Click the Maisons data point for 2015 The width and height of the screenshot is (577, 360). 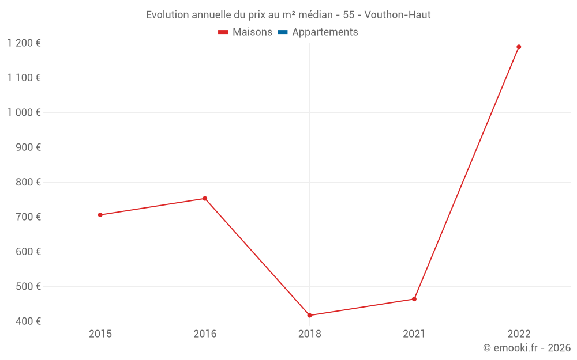click(100, 215)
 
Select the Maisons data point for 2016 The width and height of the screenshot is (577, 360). click(205, 199)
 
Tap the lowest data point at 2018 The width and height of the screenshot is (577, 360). click(310, 315)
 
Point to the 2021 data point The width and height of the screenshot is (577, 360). click(414, 299)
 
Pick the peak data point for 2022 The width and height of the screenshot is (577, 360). click(519, 47)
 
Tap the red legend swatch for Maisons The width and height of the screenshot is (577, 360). click(223, 32)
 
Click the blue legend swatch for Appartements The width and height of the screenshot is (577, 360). click(283, 32)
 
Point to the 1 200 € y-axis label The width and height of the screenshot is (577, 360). click(24, 43)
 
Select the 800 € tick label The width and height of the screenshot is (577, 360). click(28, 182)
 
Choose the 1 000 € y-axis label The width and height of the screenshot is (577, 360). click(24, 112)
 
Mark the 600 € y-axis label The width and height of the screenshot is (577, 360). click(28, 252)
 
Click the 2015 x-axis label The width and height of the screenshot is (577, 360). click(100, 334)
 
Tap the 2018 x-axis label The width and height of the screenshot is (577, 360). click(310, 334)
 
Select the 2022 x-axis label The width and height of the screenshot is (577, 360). click(519, 334)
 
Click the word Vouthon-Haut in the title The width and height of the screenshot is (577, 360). click(398, 14)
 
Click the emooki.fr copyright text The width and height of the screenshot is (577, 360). click(527, 348)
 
